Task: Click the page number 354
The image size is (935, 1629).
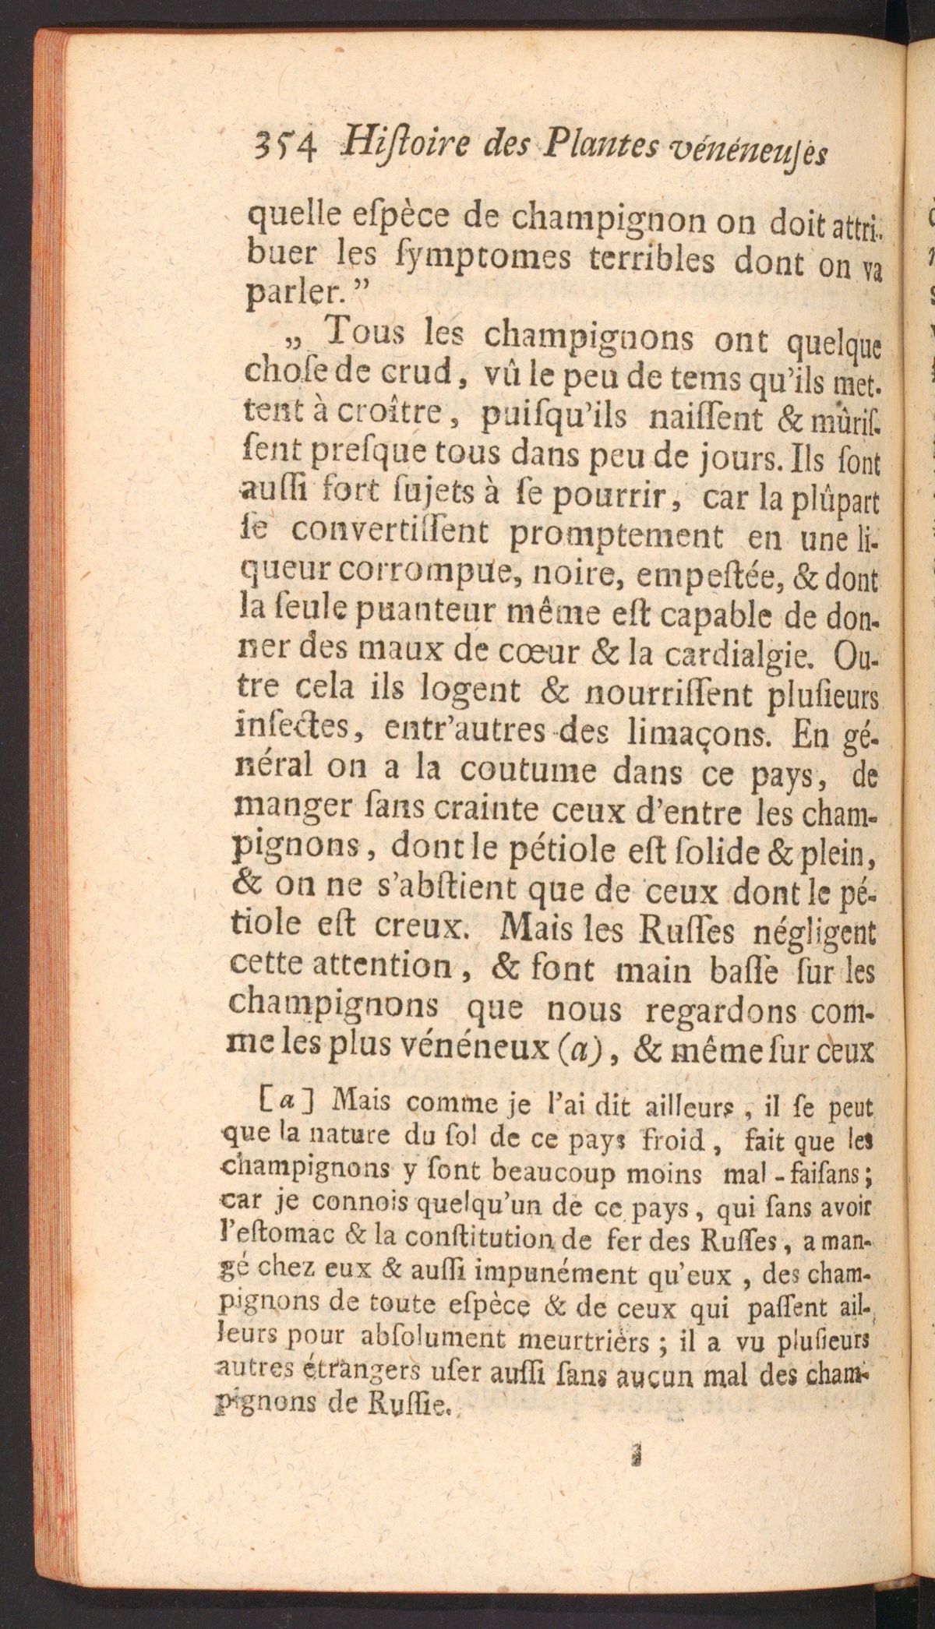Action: (x=279, y=146)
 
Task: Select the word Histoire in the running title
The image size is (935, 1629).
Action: (x=389, y=143)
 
